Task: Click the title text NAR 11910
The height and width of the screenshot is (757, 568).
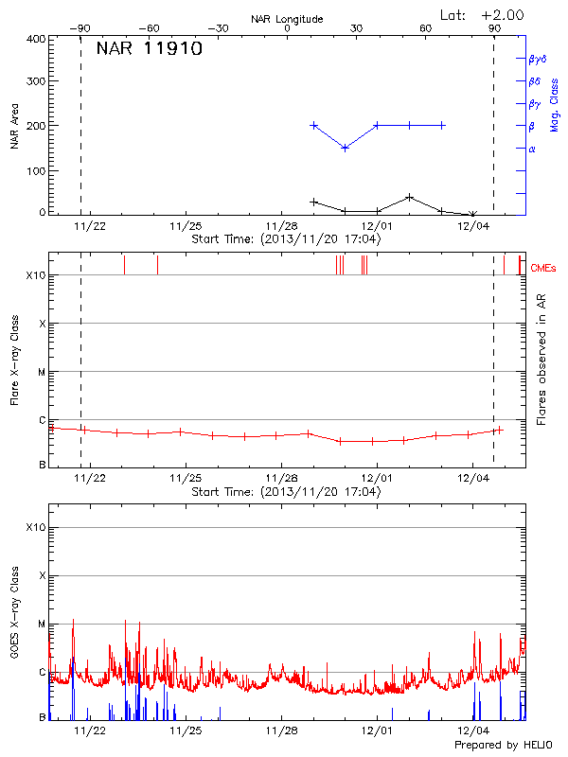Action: (x=150, y=50)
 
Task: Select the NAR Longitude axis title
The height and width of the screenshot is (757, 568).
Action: (x=288, y=19)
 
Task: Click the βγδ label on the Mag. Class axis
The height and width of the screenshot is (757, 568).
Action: (x=538, y=59)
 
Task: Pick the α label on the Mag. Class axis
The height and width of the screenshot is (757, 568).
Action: (x=532, y=149)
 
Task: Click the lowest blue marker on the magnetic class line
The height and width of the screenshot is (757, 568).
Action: (x=346, y=148)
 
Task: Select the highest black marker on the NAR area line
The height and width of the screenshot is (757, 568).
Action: (x=409, y=197)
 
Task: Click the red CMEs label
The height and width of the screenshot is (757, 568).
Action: (x=542, y=269)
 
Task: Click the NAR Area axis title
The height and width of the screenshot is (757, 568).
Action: (x=14, y=127)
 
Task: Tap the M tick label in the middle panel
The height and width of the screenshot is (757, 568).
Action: (x=42, y=372)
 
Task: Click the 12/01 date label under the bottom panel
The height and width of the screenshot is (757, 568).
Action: (x=377, y=731)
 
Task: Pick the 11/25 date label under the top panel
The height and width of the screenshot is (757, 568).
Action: (x=185, y=227)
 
